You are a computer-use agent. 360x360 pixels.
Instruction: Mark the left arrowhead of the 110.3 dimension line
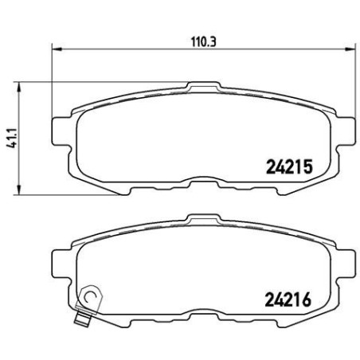55,49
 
